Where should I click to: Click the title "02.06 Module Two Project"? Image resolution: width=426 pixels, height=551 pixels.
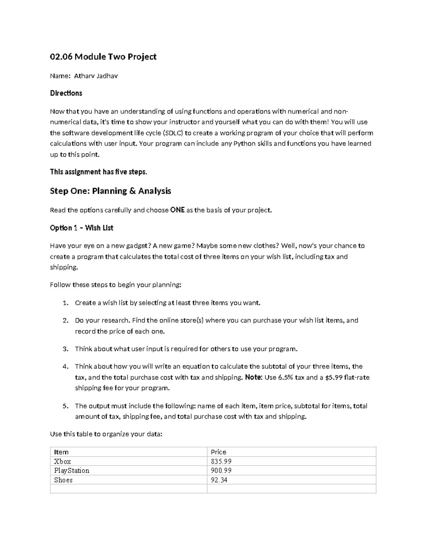(x=103, y=57)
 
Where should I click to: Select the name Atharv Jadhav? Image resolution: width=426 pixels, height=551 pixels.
(x=95, y=76)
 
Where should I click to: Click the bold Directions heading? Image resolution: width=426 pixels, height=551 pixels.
(x=66, y=93)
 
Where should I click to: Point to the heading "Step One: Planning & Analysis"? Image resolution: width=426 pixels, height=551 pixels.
(x=110, y=191)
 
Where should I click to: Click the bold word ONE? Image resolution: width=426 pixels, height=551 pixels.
(x=177, y=210)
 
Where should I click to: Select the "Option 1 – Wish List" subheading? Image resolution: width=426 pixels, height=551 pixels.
(x=81, y=228)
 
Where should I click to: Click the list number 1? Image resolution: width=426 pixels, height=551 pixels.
(x=65, y=303)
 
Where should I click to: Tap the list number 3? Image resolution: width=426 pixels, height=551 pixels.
(x=65, y=349)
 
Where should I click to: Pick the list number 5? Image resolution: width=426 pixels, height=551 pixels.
(x=65, y=406)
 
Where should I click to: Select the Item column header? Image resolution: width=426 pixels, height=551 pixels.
(x=61, y=452)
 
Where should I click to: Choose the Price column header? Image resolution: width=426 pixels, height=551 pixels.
(x=218, y=452)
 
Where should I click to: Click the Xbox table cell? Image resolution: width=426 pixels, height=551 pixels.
(x=62, y=462)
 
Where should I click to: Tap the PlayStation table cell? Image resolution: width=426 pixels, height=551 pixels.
(x=72, y=471)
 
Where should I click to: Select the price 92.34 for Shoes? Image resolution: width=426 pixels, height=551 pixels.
(x=219, y=480)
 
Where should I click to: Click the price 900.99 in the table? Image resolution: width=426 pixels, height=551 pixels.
(x=221, y=471)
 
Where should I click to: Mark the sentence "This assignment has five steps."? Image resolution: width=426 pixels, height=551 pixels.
(x=98, y=172)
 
